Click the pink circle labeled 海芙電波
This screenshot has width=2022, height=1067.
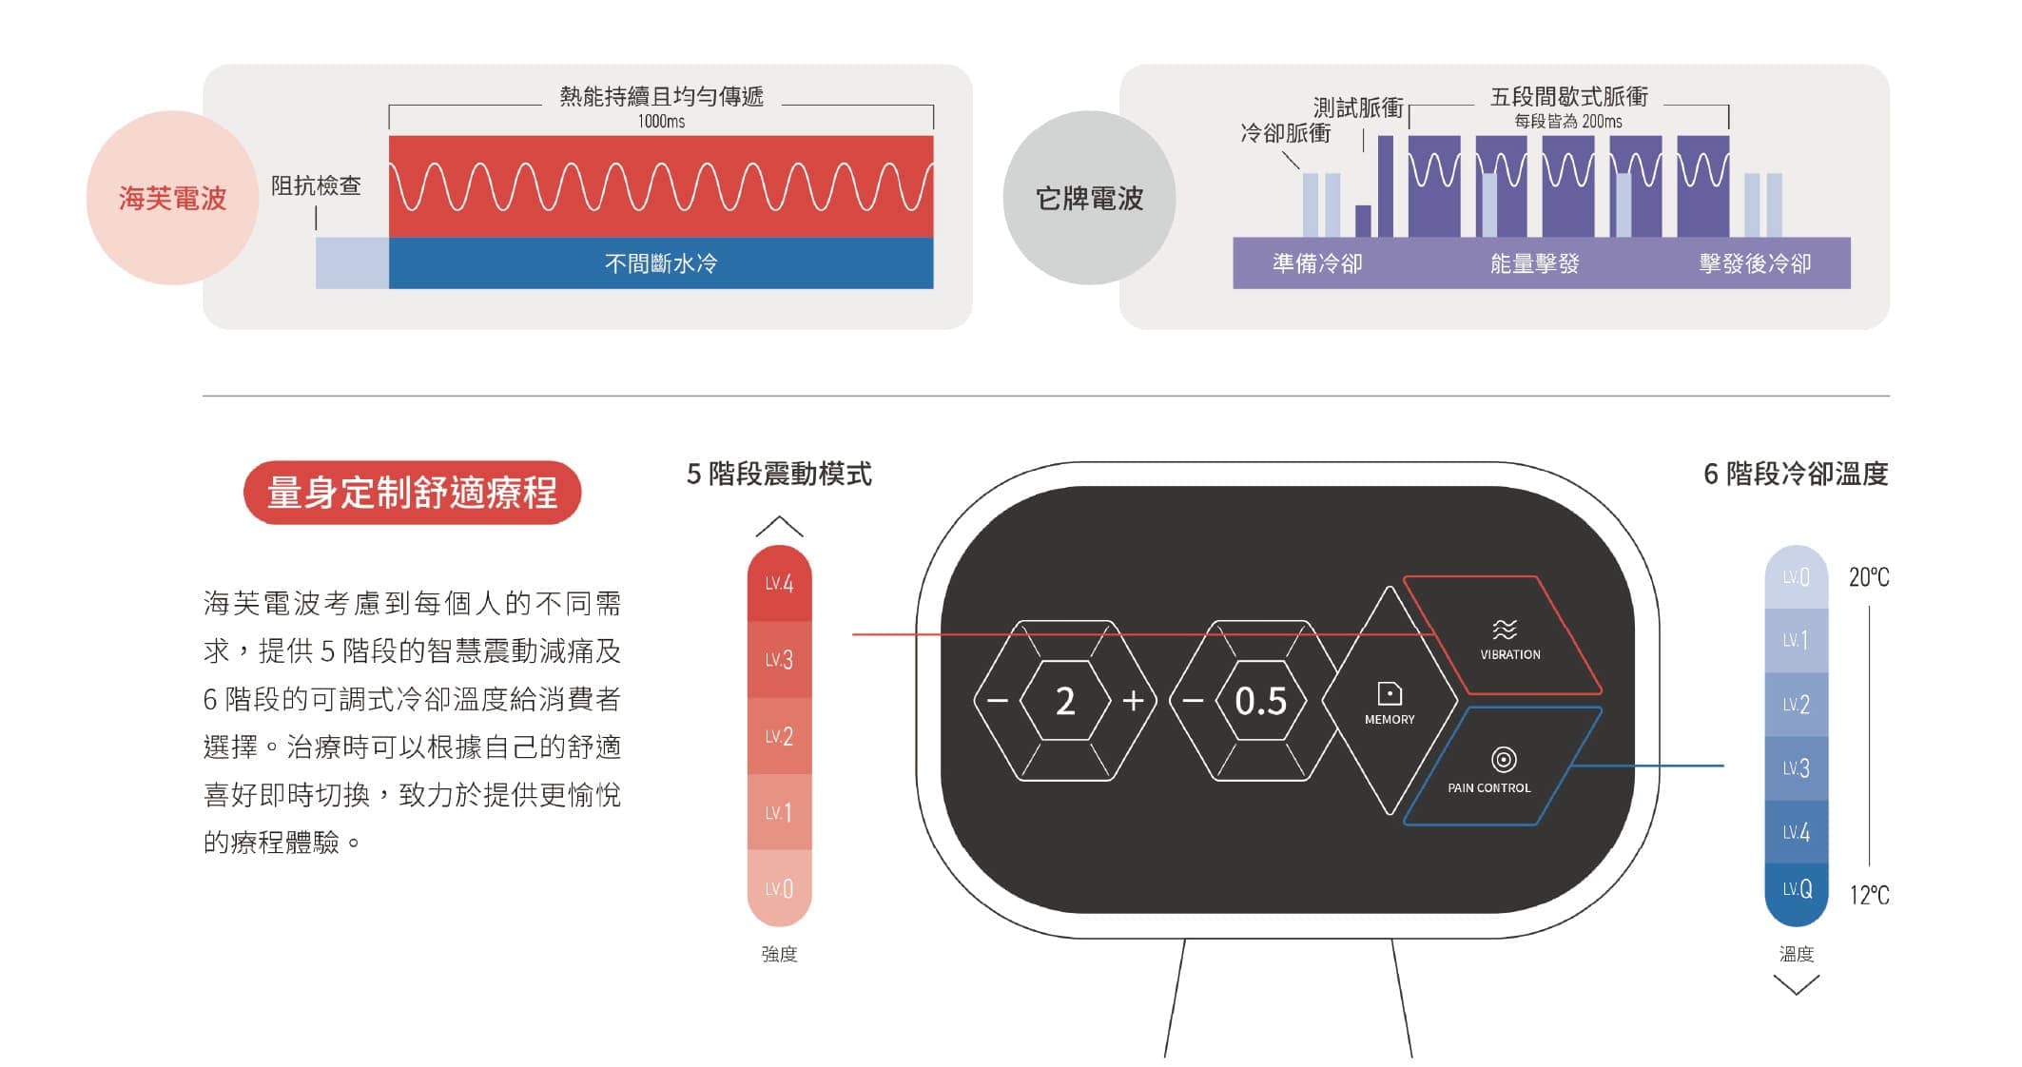[x=172, y=198]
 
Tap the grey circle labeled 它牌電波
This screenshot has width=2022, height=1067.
[x=1089, y=198]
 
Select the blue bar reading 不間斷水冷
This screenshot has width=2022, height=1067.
[x=661, y=263]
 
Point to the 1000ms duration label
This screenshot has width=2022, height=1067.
[x=661, y=122]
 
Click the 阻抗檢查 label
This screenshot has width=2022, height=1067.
[x=316, y=185]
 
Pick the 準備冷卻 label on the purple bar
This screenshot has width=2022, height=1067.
[x=1317, y=263]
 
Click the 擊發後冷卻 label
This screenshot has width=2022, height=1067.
[x=1755, y=263]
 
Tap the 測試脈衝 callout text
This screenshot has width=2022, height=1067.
[x=1358, y=107]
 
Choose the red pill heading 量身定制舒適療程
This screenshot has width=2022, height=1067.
[x=412, y=493]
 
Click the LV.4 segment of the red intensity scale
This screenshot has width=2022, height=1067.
[x=779, y=583]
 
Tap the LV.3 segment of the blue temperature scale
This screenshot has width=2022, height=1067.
[x=1796, y=768]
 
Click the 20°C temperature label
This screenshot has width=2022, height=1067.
[x=1868, y=577]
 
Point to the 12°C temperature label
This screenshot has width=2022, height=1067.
[x=1868, y=895]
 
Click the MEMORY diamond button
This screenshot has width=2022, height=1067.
[x=1390, y=701]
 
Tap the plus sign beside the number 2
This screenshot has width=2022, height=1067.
[x=1133, y=702]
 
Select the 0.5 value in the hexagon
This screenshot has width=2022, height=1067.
[x=1260, y=702]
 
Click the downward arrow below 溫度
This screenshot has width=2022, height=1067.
[x=1796, y=985]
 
